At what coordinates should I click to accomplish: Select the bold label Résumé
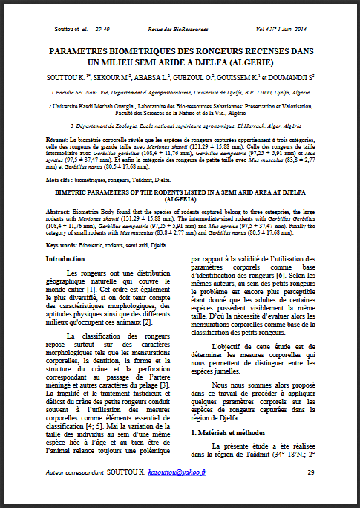pos(57,140)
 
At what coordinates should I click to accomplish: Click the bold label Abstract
pos(58,209)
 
